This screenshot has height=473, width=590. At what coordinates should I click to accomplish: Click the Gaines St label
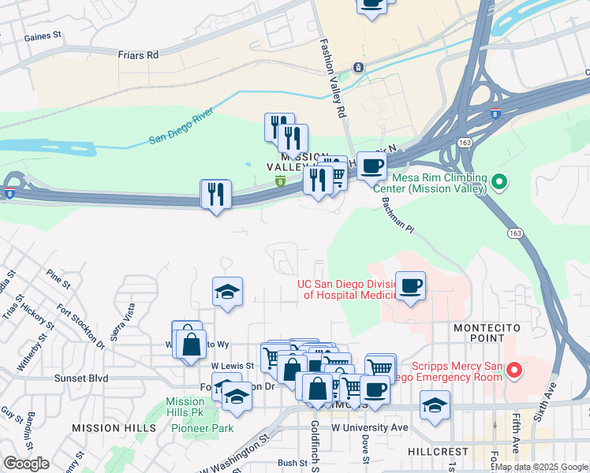tap(43, 36)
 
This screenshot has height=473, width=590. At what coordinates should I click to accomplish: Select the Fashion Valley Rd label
tap(332, 79)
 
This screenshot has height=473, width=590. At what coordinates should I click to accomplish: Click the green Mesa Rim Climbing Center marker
tap(499, 183)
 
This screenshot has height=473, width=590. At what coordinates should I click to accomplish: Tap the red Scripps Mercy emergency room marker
tap(513, 369)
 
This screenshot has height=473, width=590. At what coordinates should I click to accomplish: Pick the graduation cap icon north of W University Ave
tap(435, 405)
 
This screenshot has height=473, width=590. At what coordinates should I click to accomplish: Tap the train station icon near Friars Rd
tap(358, 67)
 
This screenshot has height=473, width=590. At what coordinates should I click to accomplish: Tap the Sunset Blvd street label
tap(80, 378)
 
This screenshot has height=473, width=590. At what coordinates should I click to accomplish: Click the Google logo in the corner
tap(25, 463)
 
